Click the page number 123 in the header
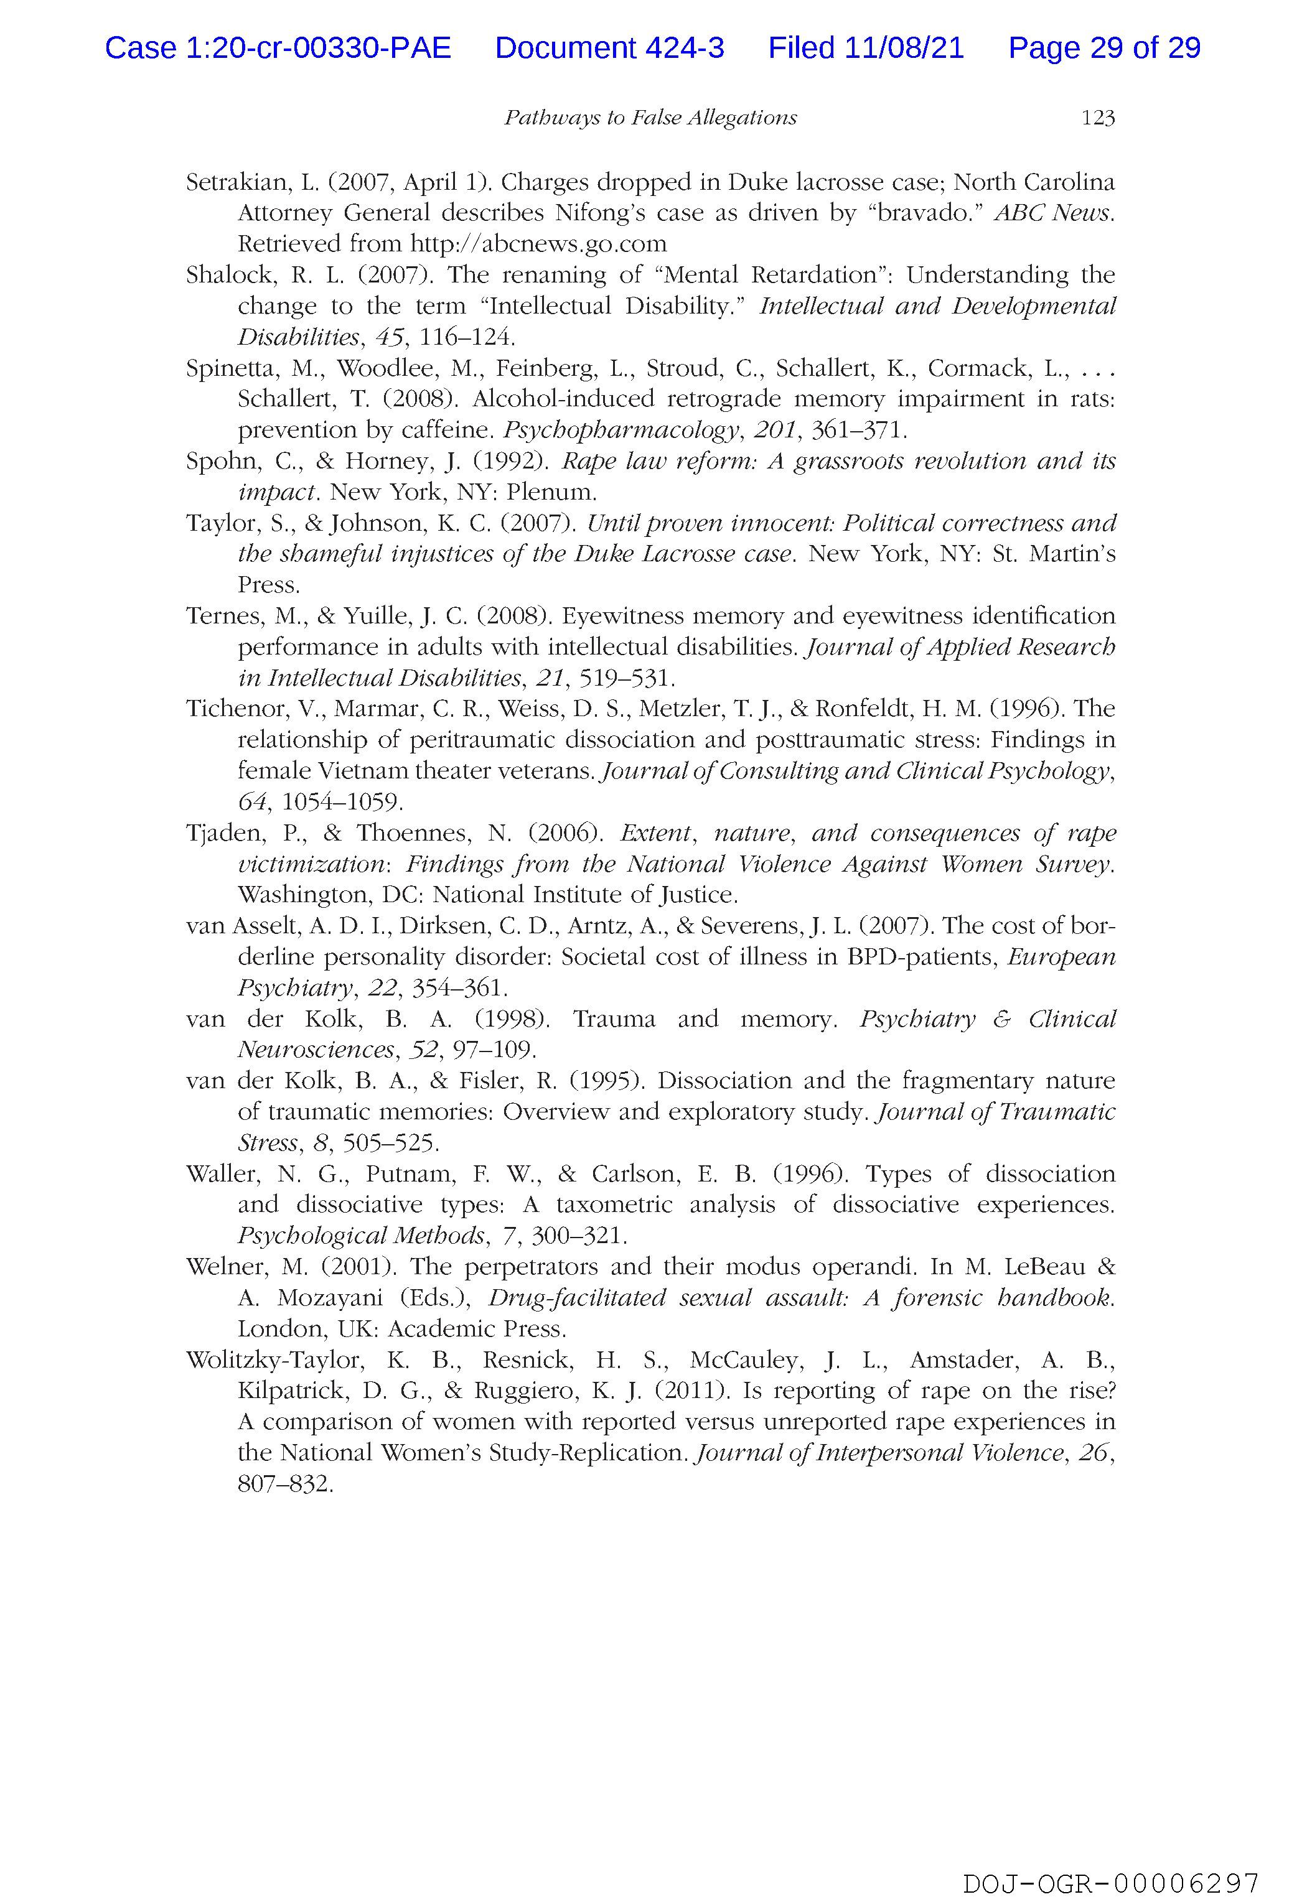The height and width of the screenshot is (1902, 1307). pyautogui.click(x=1097, y=119)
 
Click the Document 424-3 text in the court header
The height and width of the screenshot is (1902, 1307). pyautogui.click(x=609, y=49)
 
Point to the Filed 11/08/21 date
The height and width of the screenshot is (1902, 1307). pyautogui.click(x=866, y=49)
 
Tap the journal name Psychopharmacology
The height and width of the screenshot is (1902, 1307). pyautogui.click(x=620, y=430)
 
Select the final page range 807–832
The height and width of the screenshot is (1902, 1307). pyautogui.click(x=285, y=1484)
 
